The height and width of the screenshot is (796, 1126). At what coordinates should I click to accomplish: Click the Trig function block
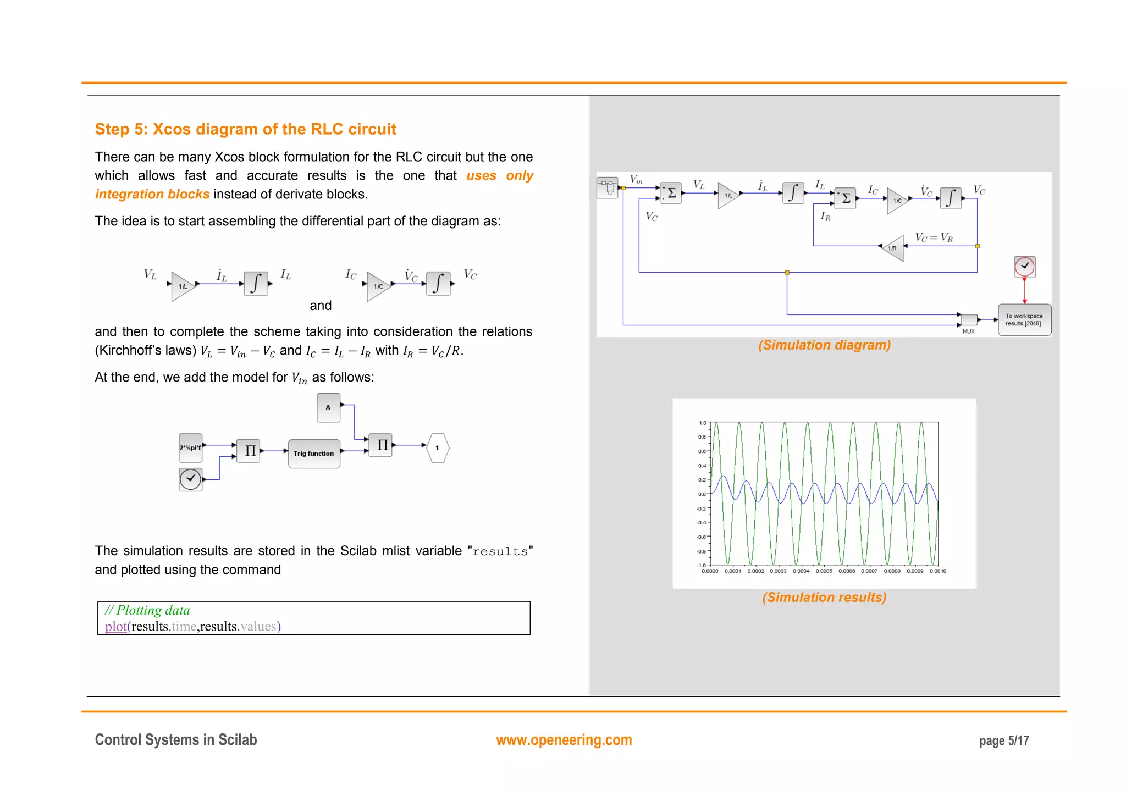point(313,454)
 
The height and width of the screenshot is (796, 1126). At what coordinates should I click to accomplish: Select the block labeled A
point(328,407)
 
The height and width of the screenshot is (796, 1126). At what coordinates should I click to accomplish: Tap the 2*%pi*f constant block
point(190,447)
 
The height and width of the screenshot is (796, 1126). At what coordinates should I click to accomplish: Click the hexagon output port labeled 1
point(438,447)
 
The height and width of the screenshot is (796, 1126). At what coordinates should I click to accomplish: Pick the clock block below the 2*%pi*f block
point(190,479)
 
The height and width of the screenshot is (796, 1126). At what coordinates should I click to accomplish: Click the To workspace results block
point(1024,320)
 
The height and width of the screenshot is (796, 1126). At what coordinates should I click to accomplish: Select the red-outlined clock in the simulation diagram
point(1024,267)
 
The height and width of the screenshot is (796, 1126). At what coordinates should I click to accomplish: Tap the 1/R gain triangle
point(893,248)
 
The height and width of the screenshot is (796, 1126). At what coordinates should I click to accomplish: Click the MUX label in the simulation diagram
point(968,331)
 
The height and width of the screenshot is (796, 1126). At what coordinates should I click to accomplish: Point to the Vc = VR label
point(934,237)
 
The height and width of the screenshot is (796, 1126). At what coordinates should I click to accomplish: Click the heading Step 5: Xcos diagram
point(245,129)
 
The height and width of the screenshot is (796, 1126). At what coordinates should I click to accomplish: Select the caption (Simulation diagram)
point(824,345)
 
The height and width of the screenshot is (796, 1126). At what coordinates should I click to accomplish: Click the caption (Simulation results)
point(824,598)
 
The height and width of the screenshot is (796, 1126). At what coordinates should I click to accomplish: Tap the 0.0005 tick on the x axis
point(824,571)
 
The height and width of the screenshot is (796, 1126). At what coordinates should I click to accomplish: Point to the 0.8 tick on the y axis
point(702,437)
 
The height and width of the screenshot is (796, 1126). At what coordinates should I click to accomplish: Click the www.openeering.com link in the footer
point(564,740)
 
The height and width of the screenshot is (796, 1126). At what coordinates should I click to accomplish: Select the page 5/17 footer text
point(1003,741)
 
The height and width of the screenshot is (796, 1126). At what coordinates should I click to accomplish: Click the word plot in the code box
point(115,627)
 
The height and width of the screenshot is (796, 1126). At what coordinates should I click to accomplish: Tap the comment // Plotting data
point(147,610)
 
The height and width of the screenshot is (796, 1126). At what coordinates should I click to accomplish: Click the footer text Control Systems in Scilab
point(176,740)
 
